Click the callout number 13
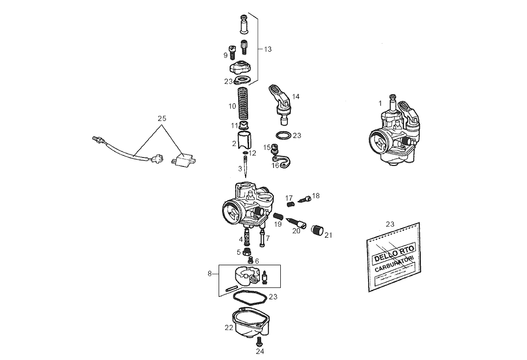(x=267, y=49)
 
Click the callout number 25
(x=161, y=119)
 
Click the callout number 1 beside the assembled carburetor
(x=380, y=103)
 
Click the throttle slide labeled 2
(x=244, y=140)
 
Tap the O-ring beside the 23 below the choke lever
(x=283, y=135)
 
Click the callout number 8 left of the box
(x=210, y=274)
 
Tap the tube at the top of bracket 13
(x=245, y=23)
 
